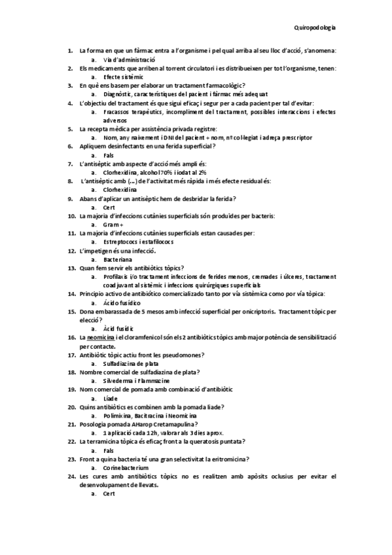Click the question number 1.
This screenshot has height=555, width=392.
[69, 50]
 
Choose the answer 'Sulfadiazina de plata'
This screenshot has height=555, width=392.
[132, 363]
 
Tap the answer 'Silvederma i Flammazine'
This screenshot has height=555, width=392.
[136, 380]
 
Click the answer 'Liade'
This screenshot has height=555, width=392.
[111, 398]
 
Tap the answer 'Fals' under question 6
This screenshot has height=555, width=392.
[109, 155]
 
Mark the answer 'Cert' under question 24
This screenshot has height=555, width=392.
[109, 494]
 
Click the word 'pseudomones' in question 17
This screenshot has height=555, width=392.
[183, 355]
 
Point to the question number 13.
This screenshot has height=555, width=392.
[71, 268]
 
